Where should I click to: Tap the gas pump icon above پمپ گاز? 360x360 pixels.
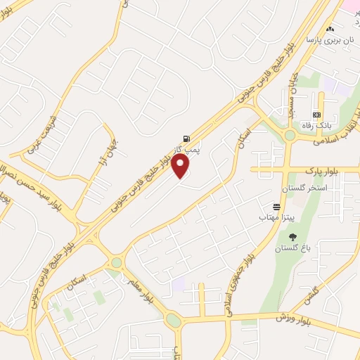186,138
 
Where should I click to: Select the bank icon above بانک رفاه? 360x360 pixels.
316,115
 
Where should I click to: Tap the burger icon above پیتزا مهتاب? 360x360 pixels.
277,208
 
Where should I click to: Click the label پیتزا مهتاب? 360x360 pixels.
261,219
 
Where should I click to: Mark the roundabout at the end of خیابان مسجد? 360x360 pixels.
289,135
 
